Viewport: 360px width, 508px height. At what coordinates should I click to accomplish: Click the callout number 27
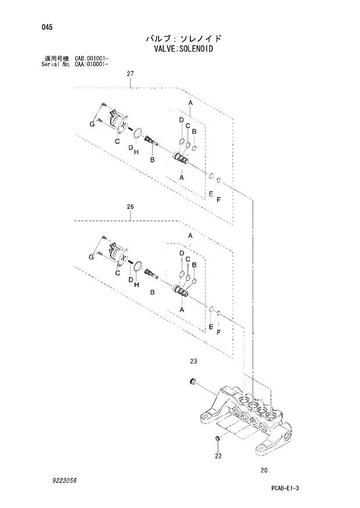[130, 74]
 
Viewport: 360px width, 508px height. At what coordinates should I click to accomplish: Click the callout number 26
[130, 206]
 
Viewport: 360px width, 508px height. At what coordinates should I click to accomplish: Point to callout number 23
[193, 361]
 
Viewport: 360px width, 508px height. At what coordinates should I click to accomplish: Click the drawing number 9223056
[63, 481]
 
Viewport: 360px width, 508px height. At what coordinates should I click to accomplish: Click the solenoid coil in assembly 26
[117, 254]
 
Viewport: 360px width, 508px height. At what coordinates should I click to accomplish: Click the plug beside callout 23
[193, 382]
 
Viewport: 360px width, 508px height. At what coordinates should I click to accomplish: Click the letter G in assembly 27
[92, 125]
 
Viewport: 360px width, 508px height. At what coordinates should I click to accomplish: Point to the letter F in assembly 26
[218, 332]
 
